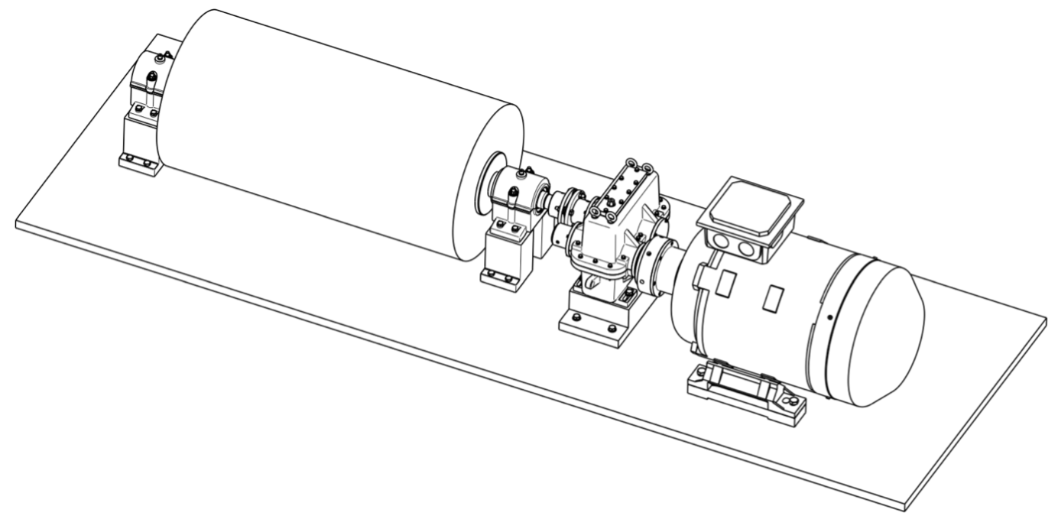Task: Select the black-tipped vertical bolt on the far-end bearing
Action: pos(153,78)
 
